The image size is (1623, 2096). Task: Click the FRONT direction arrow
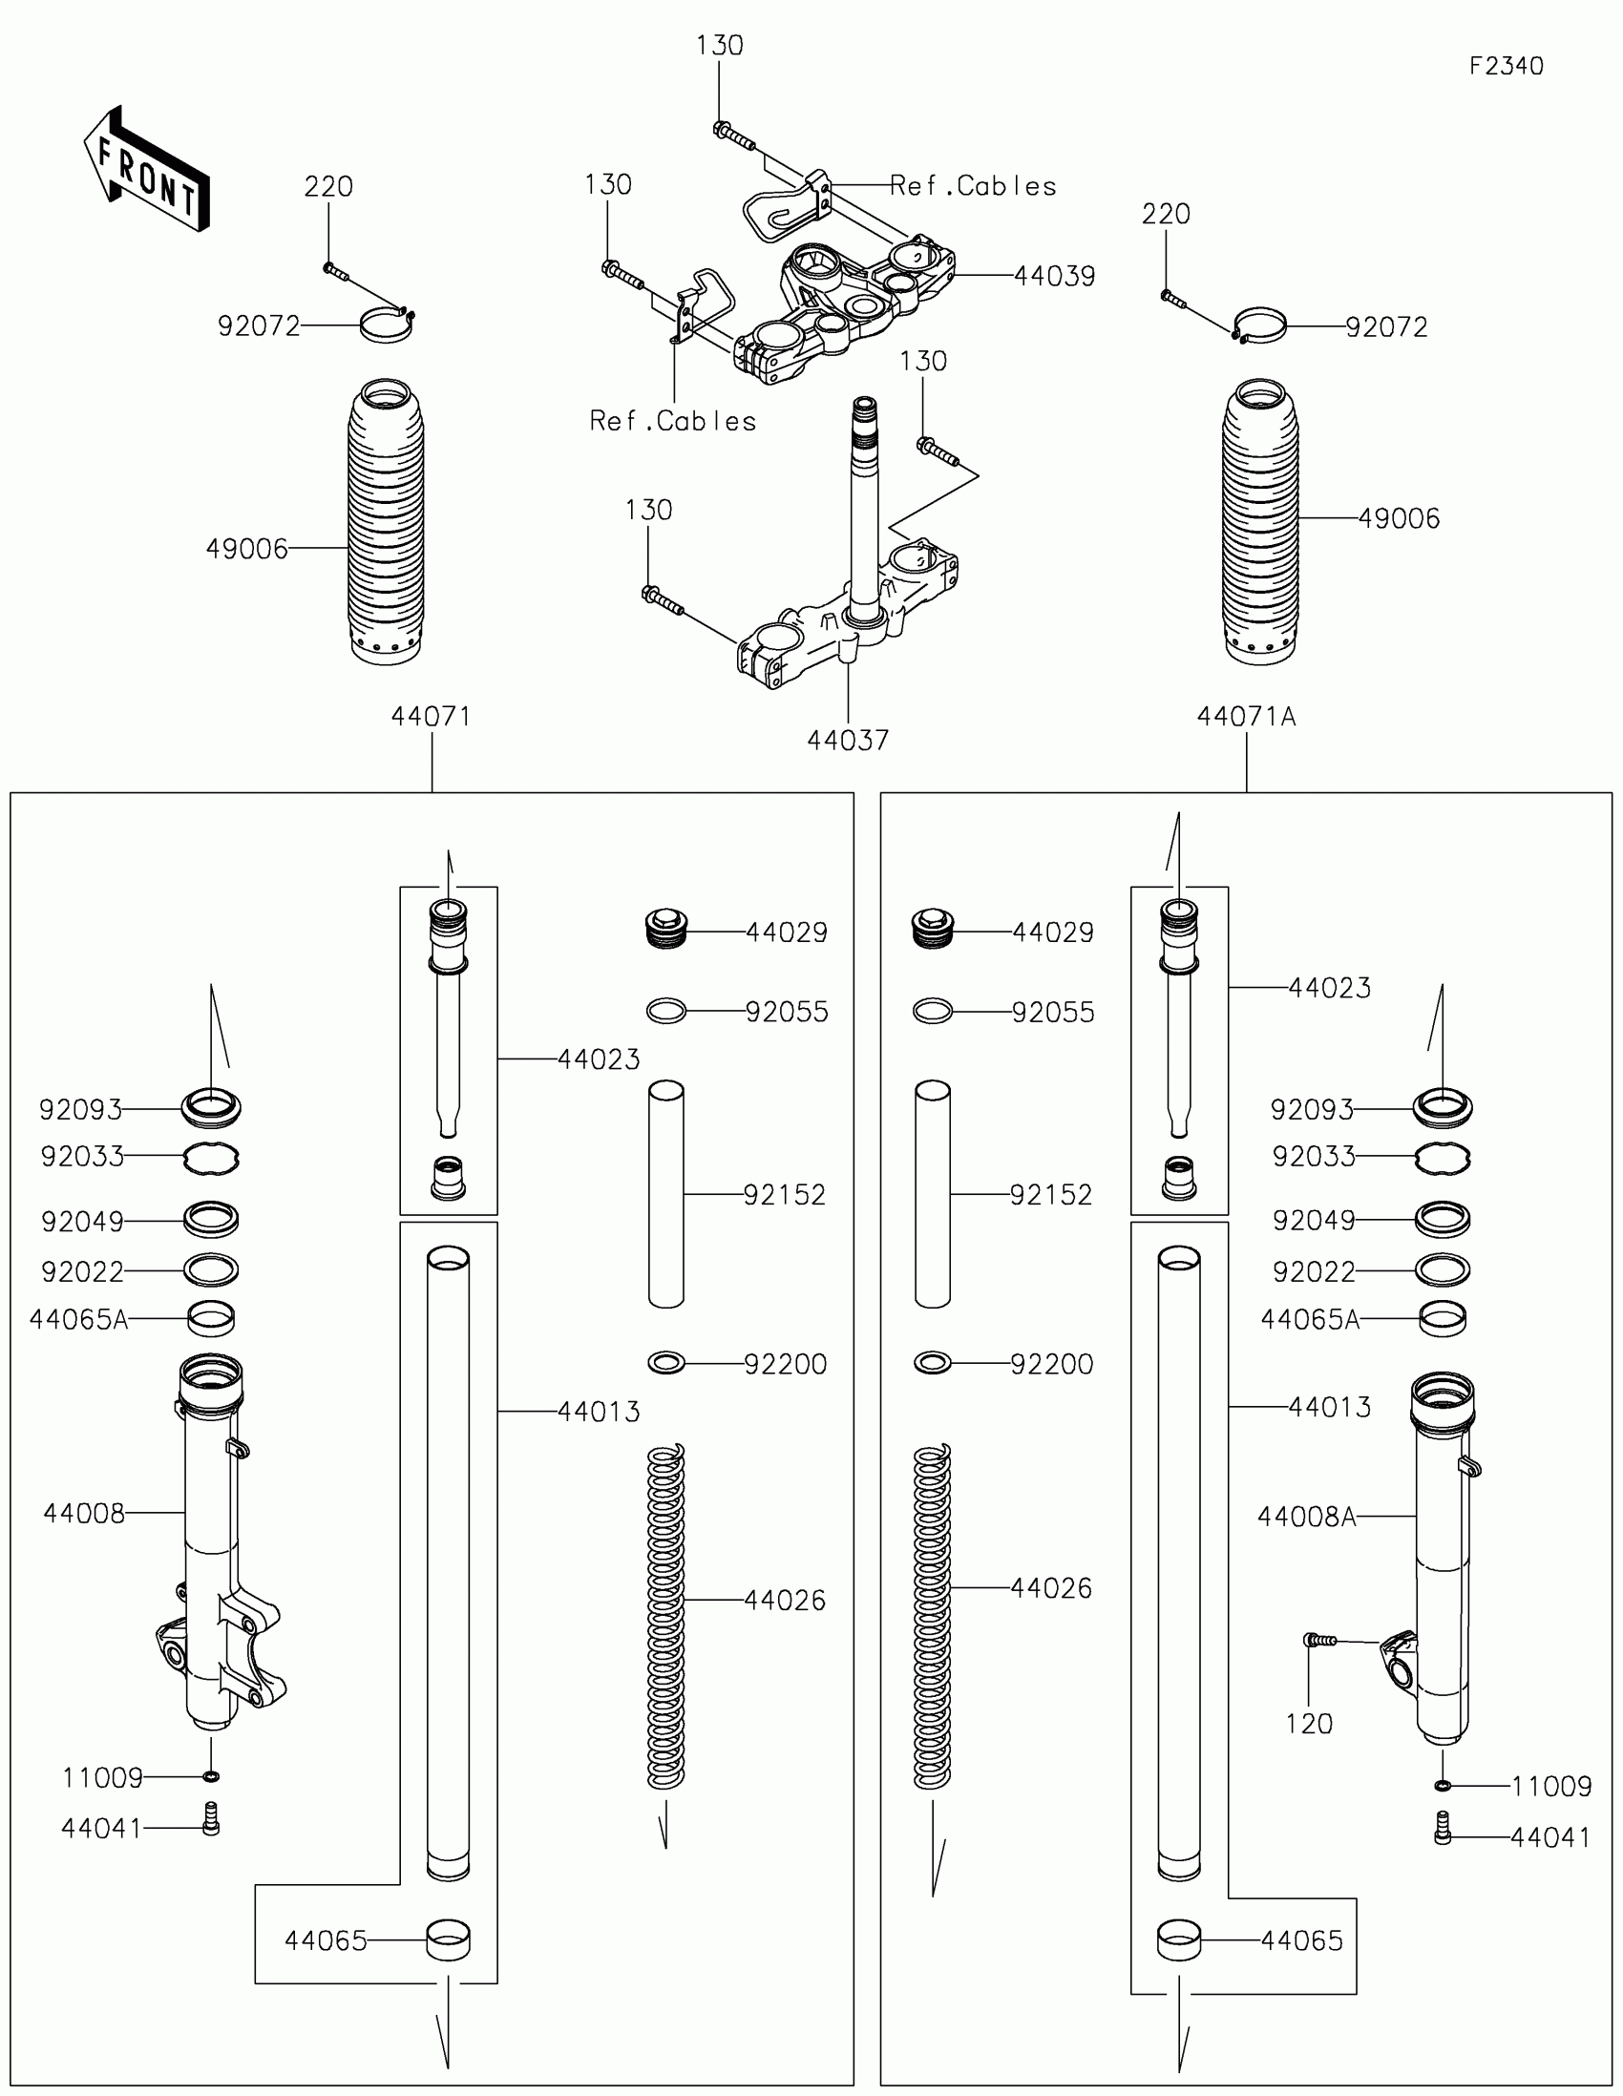[x=146, y=170]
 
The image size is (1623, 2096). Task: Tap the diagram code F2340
[x=1506, y=66]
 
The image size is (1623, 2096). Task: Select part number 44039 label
[x=1054, y=277]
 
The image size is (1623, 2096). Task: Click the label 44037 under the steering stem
[x=848, y=741]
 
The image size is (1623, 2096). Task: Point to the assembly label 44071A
[x=1246, y=717]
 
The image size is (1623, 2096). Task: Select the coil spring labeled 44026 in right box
[x=932, y=1618]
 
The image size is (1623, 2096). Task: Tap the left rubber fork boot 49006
[x=386, y=523]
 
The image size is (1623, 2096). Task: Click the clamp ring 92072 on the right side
[x=1258, y=326]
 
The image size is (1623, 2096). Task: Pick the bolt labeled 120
[x=1319, y=1641]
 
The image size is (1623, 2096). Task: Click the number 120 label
[x=1308, y=1724]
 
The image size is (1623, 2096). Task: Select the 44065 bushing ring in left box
[x=448, y=1939]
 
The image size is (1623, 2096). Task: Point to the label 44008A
[x=1306, y=1517]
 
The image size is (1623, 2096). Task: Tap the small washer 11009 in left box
[x=212, y=1776]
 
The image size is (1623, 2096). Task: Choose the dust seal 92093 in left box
[x=211, y=1107]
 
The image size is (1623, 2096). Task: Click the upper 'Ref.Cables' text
[x=972, y=186]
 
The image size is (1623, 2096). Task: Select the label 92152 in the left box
[x=784, y=1195]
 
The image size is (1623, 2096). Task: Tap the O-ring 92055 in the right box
[x=932, y=1011]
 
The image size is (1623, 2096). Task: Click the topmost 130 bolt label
[x=719, y=46]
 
